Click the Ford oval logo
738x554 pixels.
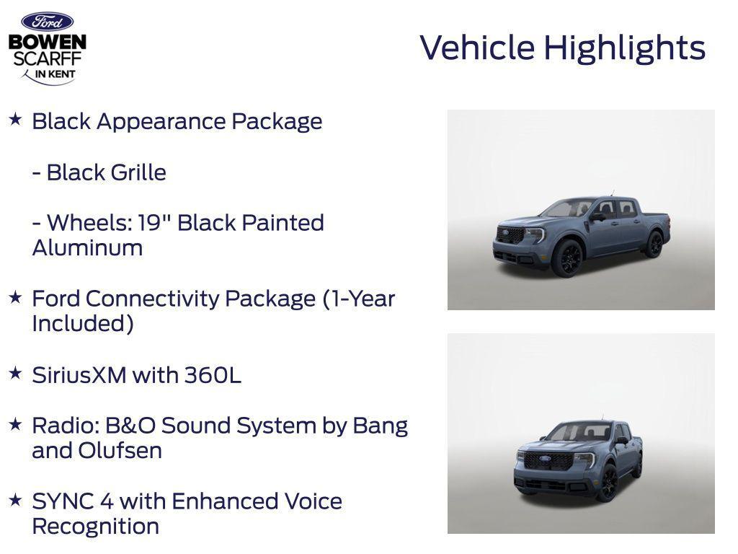click(47, 22)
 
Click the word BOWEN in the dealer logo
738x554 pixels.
click(47, 43)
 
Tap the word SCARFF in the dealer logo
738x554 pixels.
click(47, 58)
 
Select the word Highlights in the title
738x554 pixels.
click(624, 48)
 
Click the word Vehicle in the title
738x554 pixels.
click(478, 48)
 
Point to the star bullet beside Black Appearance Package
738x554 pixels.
click(15, 119)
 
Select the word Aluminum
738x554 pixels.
click(87, 248)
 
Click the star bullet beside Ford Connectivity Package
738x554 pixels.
click(15, 296)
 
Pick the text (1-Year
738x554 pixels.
click(359, 299)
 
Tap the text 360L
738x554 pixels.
click(213, 375)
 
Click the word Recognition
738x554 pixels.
click(95, 527)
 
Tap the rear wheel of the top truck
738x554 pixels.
click(654, 244)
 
